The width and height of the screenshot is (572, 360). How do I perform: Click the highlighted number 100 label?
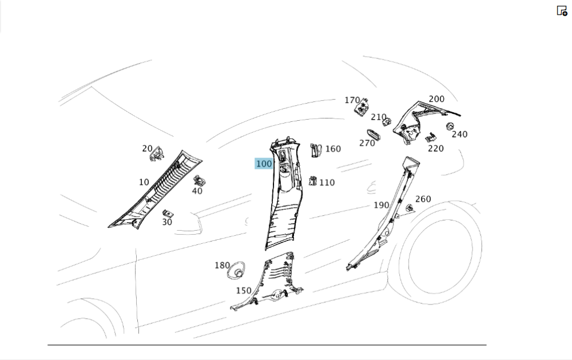264,164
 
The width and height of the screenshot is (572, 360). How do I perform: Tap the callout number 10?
144,183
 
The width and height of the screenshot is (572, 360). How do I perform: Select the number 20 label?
148,149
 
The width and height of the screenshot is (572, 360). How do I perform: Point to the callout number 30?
167,222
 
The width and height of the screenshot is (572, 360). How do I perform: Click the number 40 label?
197,191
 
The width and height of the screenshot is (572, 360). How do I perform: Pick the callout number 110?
327,183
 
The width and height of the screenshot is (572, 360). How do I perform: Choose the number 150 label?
244,291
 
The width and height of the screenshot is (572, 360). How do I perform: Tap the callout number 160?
332,149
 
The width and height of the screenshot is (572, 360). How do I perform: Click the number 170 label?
352,100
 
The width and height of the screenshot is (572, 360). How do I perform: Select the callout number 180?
222,265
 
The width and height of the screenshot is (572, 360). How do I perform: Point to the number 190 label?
382,205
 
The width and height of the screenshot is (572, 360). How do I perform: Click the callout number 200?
436,99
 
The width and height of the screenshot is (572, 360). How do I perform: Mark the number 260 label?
423,199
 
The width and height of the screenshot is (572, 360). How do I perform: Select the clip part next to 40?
199,181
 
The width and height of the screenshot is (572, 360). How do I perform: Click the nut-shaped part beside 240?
450,126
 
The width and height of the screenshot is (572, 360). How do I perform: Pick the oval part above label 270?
374,134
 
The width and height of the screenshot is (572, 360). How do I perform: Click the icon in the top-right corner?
562,10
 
